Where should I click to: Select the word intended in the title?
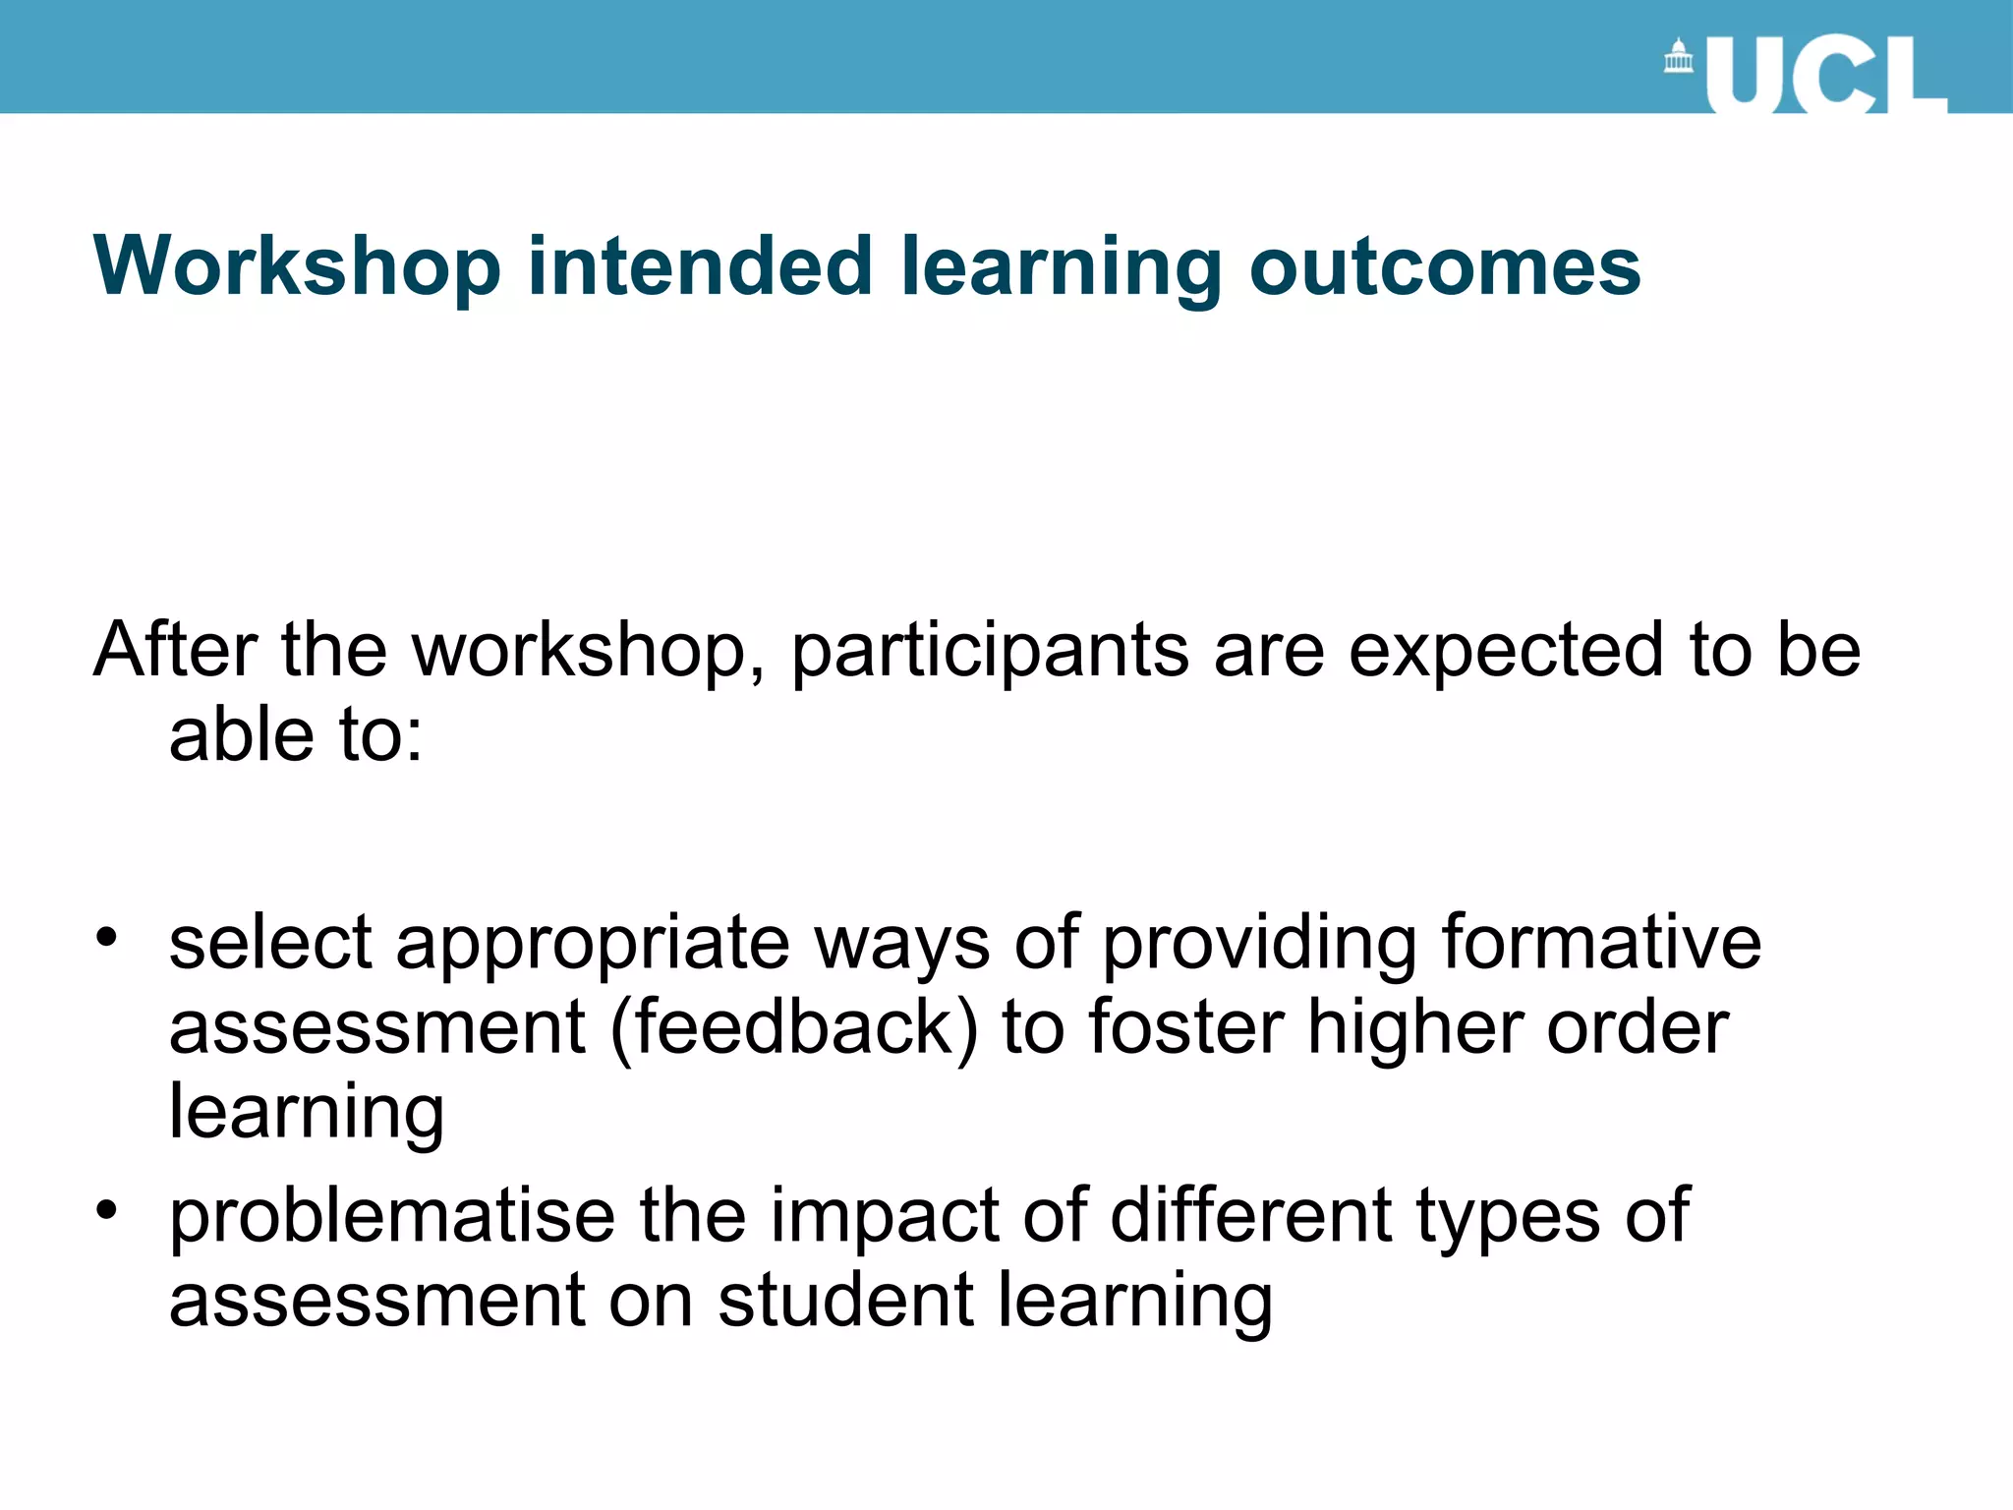click(x=699, y=266)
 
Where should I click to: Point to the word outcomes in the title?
click(x=1444, y=266)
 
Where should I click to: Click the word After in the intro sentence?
click(x=175, y=650)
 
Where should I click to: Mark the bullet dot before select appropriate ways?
click(x=106, y=936)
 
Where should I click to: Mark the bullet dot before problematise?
click(x=106, y=1209)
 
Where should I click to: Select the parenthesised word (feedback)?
click(x=794, y=1028)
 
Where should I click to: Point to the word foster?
click(x=1187, y=1027)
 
